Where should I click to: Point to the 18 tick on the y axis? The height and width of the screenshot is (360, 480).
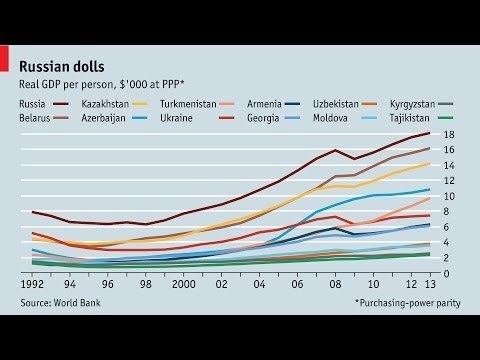click(x=450, y=134)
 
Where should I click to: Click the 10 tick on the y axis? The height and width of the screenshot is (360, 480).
click(x=450, y=196)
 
